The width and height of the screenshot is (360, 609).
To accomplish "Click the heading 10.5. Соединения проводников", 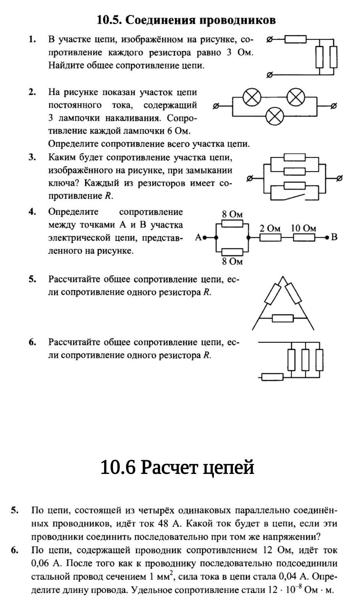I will pos(186,20).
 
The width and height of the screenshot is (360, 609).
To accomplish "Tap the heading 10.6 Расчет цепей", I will pos(177,467).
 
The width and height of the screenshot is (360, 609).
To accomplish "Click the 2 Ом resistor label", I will pos(270,228).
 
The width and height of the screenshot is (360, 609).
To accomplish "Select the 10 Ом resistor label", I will pos(303,228).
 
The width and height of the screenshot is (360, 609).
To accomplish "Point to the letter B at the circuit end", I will pos(334,237).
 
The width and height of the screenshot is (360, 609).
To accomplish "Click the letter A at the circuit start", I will pos(198,237).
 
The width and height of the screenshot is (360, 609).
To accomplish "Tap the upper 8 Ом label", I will pos(232,214).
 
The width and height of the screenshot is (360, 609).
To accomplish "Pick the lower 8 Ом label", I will pos(232,261).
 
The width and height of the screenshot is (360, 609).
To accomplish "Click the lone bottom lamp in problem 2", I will pos(274,116).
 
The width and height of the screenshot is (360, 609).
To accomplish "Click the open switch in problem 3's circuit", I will pos(294,198).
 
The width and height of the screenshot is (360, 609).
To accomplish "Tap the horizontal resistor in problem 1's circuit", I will pos(296,39).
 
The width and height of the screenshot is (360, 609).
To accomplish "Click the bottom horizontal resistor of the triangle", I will pos(283,318).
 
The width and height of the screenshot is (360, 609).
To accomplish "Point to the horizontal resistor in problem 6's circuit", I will pos(272,377).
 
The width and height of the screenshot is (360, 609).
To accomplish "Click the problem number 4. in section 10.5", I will pos(32,212).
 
